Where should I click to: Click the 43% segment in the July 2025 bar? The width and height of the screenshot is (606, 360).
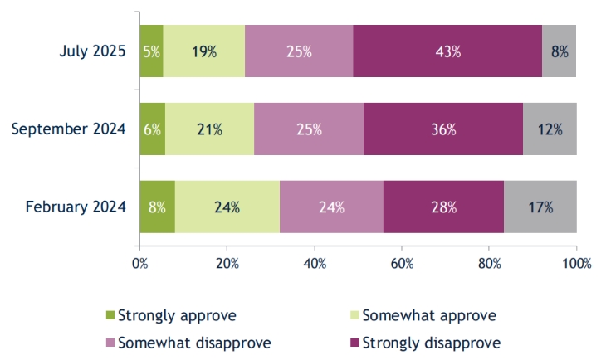(447, 51)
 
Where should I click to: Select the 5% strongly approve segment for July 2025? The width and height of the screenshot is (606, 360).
(151, 51)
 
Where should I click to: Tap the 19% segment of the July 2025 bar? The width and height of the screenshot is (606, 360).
(203, 51)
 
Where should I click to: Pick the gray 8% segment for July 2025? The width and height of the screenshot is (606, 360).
(559, 51)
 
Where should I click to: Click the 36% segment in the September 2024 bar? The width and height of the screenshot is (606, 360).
(442, 129)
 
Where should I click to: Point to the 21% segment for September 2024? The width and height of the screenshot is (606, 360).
(209, 129)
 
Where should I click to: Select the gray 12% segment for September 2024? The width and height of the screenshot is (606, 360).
(550, 129)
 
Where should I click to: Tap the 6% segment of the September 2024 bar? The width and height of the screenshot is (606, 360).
(152, 129)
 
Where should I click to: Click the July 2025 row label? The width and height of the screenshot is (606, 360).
(93, 51)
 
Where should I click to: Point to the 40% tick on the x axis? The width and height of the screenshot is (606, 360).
(314, 264)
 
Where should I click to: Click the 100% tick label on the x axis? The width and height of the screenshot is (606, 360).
(576, 264)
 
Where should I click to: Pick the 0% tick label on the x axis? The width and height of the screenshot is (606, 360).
(139, 264)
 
